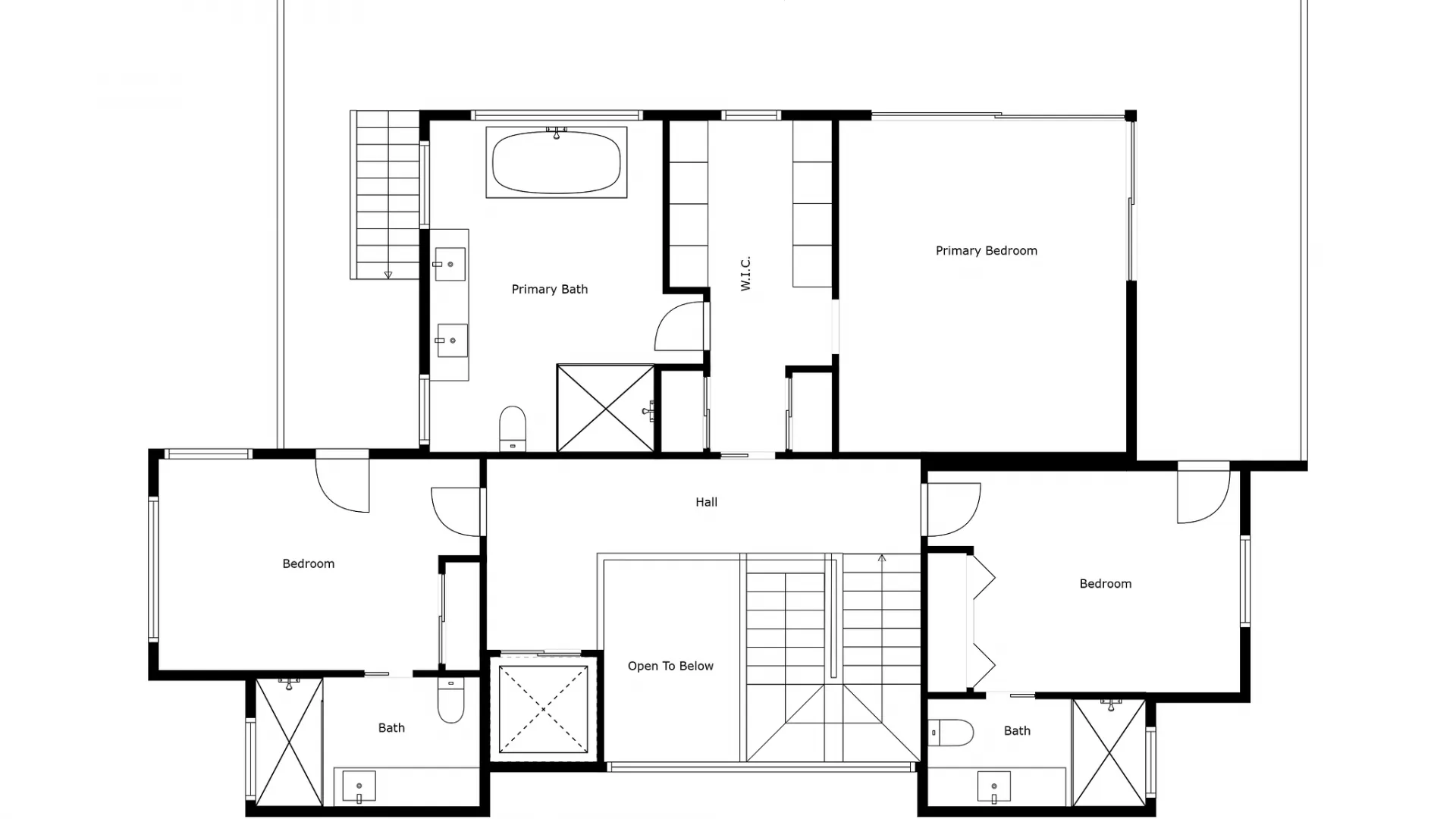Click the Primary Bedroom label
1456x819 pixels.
click(986, 251)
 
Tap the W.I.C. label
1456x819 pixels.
click(745, 273)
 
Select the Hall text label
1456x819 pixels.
click(706, 502)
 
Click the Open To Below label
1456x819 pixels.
click(670, 667)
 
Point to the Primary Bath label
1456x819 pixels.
click(549, 290)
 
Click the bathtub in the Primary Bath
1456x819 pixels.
click(556, 163)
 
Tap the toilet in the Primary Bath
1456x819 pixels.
click(513, 428)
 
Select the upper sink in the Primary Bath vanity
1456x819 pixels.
click(450, 264)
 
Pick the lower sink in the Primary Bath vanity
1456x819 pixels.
click(452, 340)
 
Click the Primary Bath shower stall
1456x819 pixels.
click(605, 409)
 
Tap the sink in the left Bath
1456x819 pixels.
click(359, 786)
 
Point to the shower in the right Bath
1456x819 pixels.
click(1109, 753)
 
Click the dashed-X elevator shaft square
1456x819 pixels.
click(543, 710)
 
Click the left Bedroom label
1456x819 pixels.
click(308, 564)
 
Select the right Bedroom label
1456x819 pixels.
click(1105, 584)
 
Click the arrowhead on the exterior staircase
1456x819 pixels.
click(388, 275)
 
